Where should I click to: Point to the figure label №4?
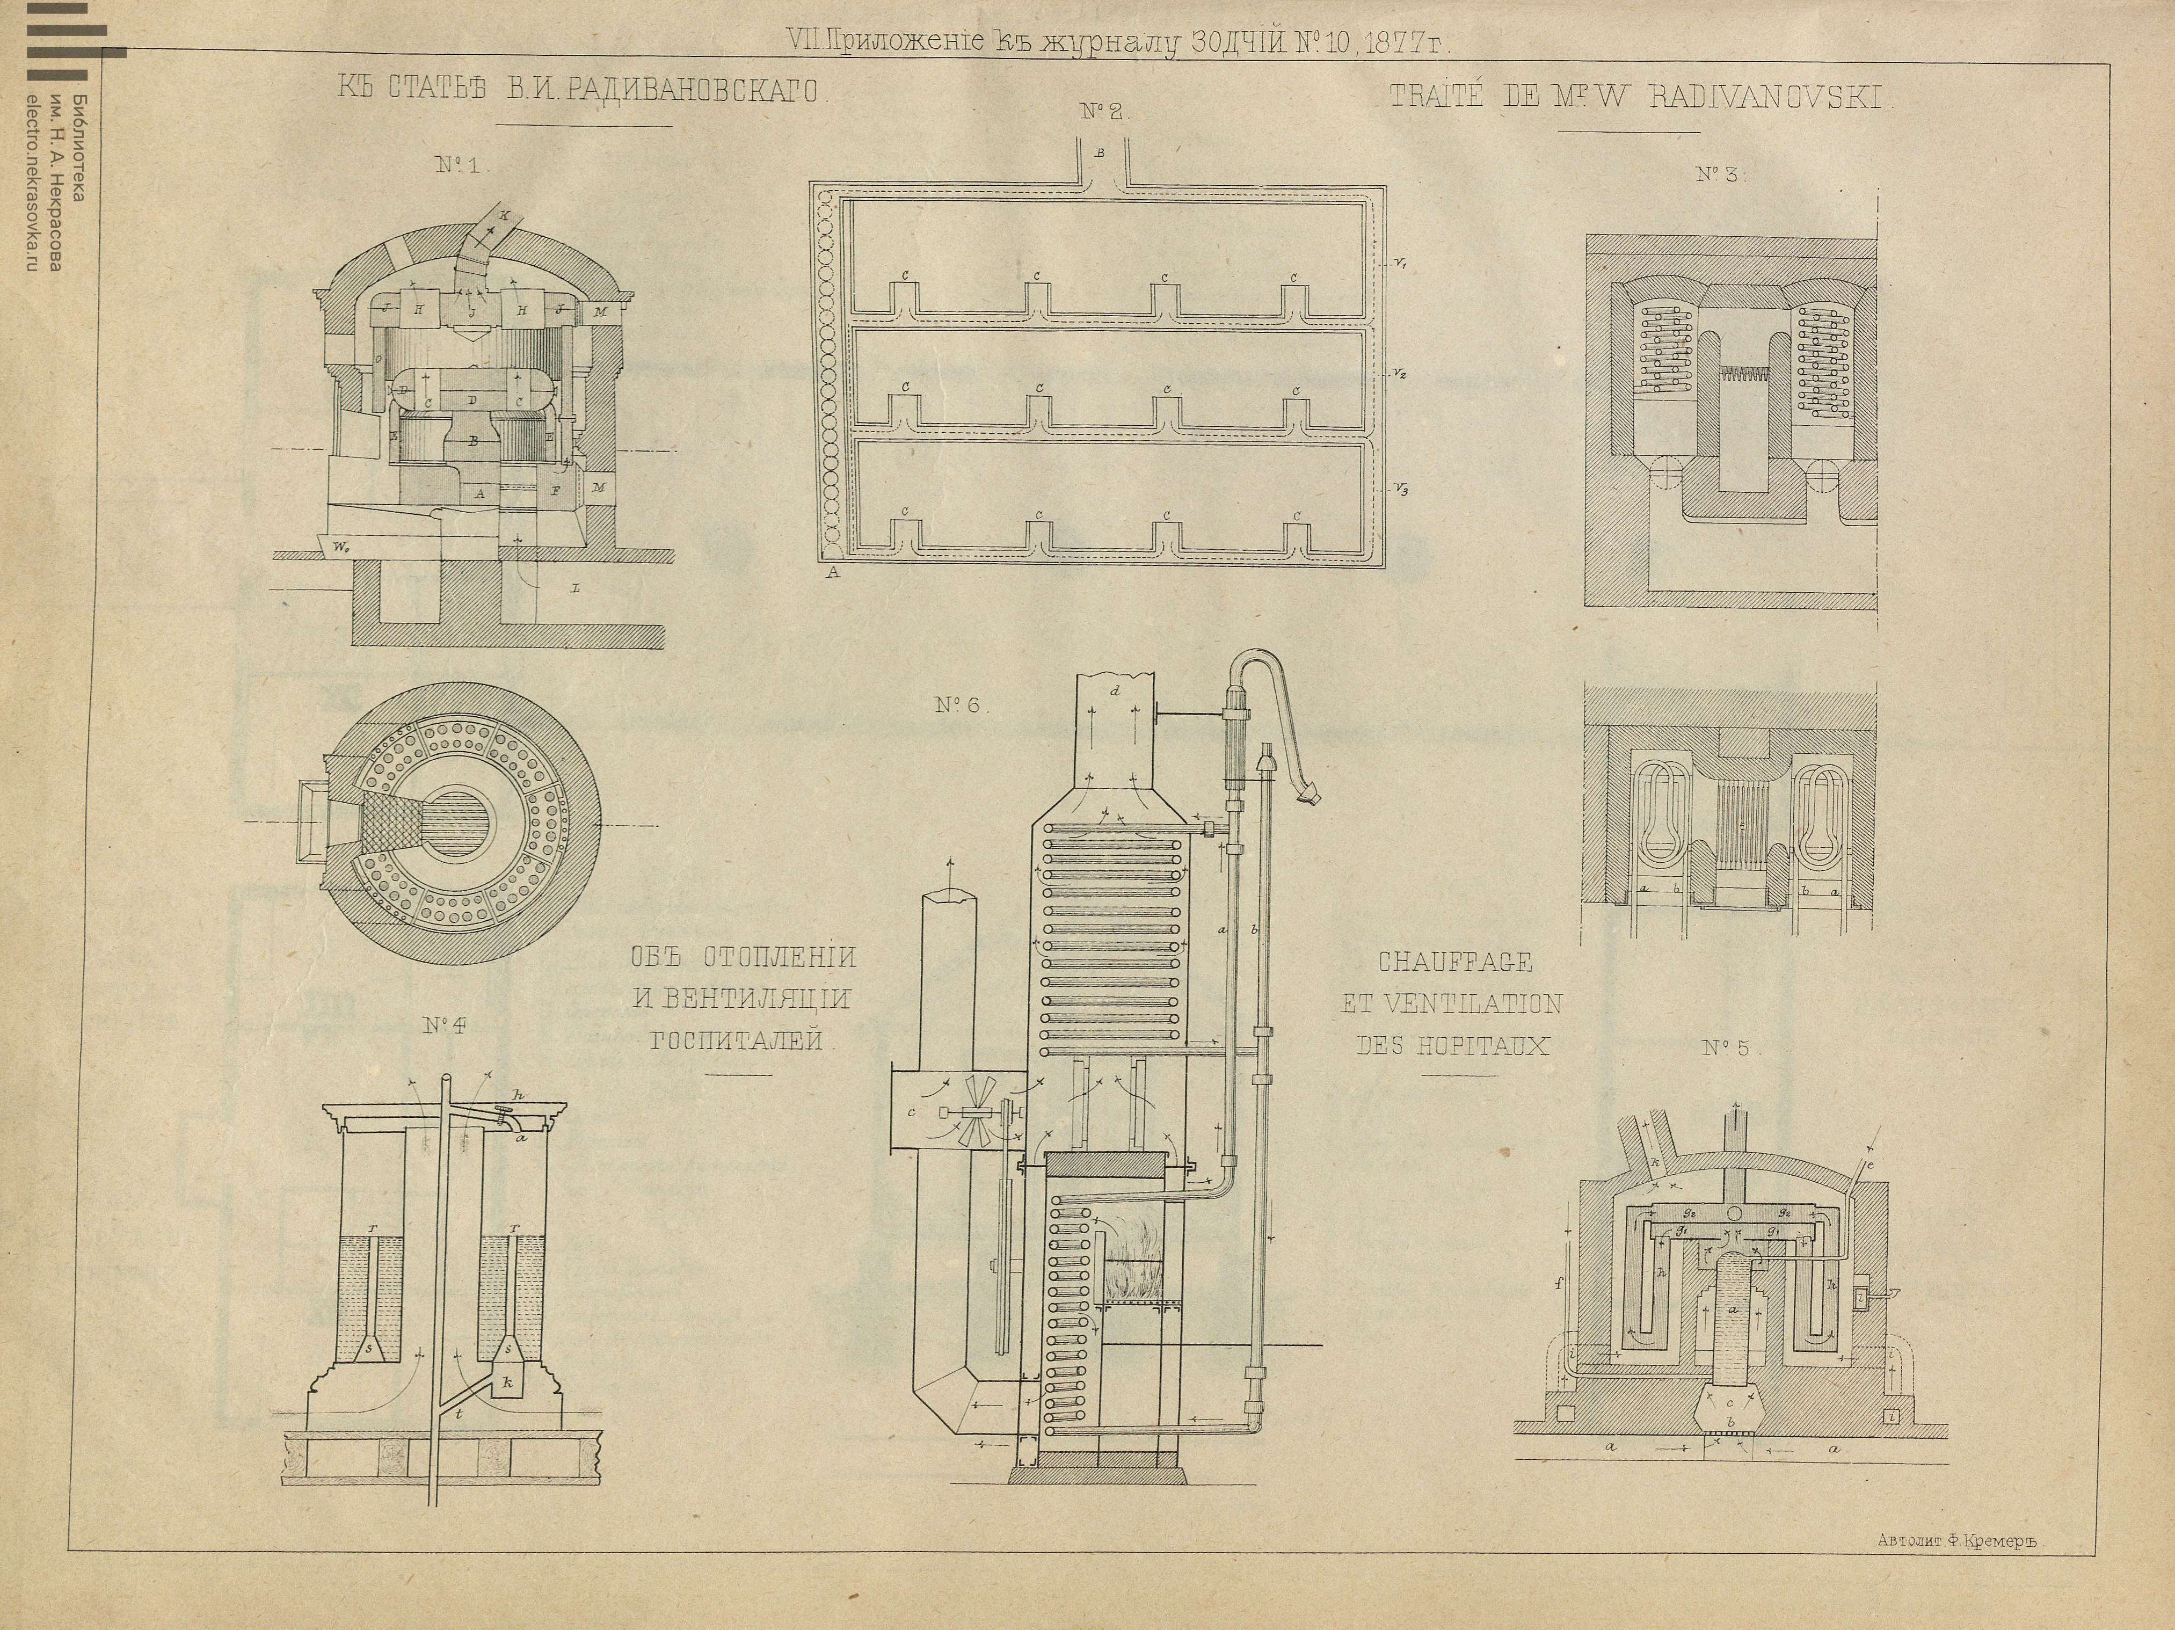click(446, 1025)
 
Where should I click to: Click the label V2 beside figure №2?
click(1398, 375)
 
